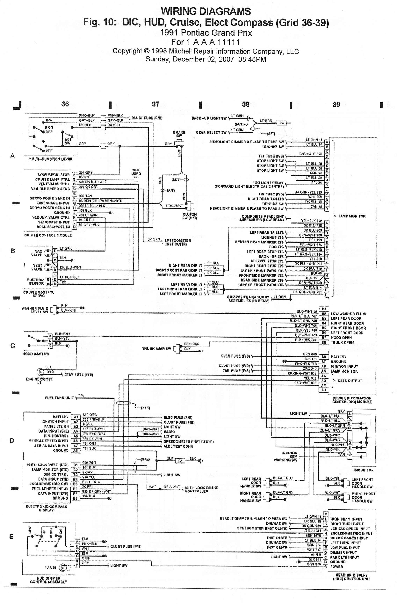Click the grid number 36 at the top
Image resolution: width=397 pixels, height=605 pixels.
click(x=65, y=104)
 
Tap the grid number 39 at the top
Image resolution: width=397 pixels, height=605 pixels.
click(x=336, y=105)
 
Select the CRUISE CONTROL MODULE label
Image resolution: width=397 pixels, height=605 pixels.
click(x=48, y=235)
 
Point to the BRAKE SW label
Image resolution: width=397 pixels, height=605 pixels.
click(x=179, y=134)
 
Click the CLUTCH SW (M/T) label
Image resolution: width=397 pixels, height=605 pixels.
click(x=190, y=216)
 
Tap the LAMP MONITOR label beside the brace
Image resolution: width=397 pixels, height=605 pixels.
click(x=352, y=216)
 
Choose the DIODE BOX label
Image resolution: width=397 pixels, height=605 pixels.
click(x=364, y=470)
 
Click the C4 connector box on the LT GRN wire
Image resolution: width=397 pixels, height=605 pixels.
click(x=281, y=123)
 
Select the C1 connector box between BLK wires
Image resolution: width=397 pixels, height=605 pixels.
click(x=180, y=460)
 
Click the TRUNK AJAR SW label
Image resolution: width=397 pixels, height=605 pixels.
click(x=157, y=348)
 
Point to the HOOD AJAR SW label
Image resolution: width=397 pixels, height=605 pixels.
click(x=36, y=354)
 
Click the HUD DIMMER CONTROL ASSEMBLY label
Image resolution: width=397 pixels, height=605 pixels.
click(x=48, y=580)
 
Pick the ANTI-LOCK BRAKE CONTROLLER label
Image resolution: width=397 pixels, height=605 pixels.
click(x=201, y=489)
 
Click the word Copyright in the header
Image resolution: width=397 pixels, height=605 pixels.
click(x=127, y=51)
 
